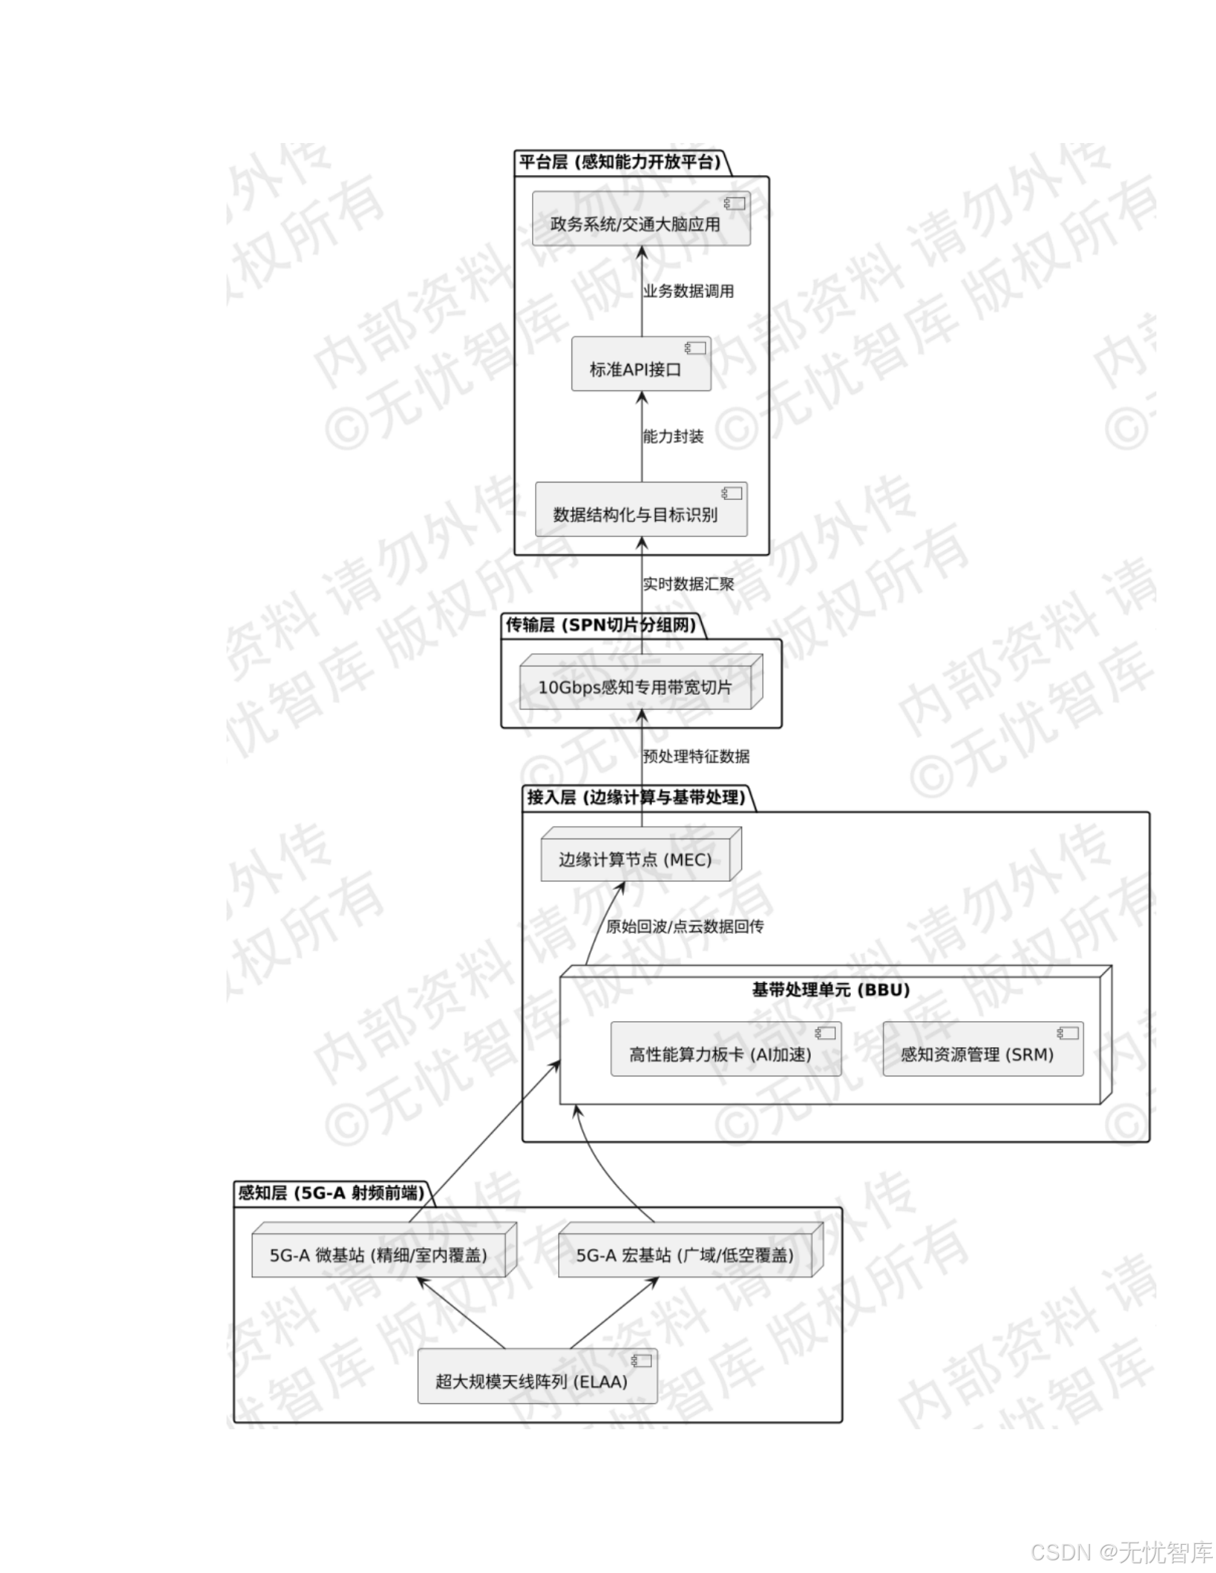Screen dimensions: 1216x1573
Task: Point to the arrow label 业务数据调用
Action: (688, 291)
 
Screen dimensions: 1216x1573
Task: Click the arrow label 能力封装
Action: (674, 436)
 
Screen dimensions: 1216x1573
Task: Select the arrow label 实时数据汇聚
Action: (688, 584)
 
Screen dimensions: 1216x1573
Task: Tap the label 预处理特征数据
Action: (696, 757)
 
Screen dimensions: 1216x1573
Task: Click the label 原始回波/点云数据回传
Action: (684, 927)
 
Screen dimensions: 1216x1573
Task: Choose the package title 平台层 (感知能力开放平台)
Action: (620, 162)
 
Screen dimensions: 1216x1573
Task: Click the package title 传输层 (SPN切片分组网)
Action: (601, 625)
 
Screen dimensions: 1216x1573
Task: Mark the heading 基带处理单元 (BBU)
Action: (831, 990)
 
